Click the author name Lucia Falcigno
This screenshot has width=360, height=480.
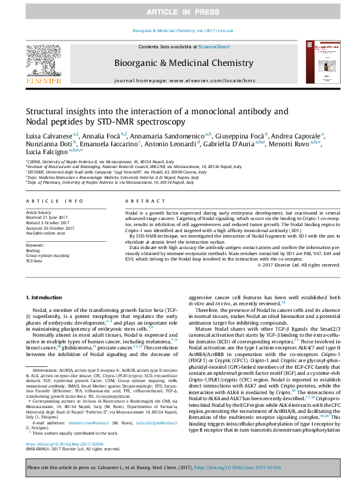[45, 154]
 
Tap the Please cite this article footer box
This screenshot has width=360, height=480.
[180, 467]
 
